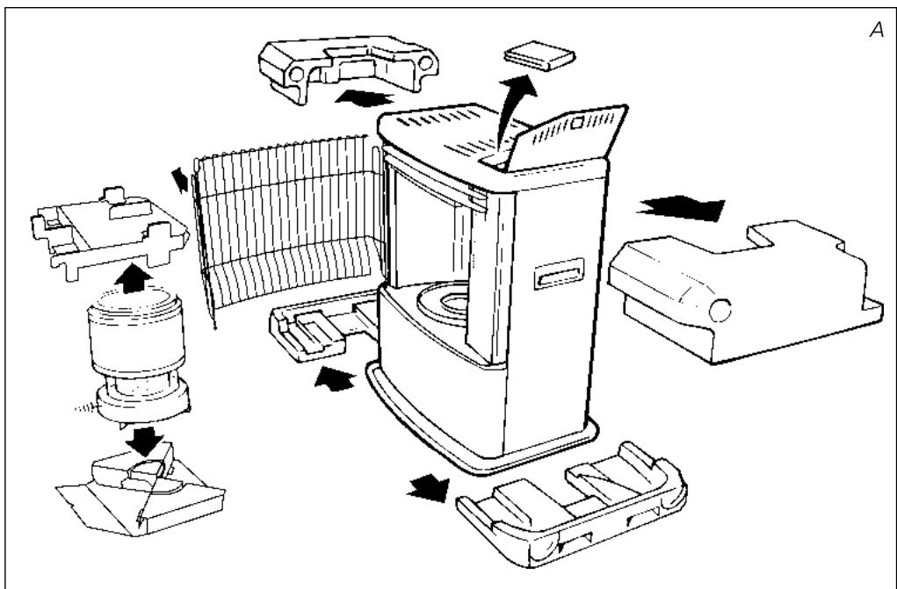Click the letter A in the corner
(x=877, y=30)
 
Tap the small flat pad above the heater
(x=539, y=55)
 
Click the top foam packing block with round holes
(x=349, y=67)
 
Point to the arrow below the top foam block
(x=365, y=97)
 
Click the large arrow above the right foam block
(x=681, y=207)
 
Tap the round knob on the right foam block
(x=720, y=310)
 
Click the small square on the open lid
(x=576, y=123)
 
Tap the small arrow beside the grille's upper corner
(x=179, y=180)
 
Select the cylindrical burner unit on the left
(x=139, y=357)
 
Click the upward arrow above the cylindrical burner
(x=133, y=278)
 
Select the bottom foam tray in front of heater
(x=572, y=503)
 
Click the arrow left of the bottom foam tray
(x=428, y=487)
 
